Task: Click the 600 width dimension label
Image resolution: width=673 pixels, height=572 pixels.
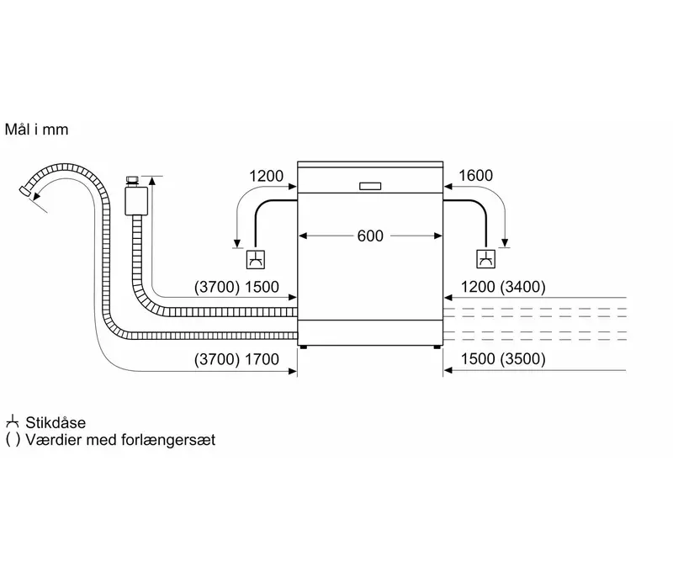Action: pos(370,236)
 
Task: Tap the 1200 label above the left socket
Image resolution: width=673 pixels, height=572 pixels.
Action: pos(266,176)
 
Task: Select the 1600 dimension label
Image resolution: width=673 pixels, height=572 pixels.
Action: pos(475,176)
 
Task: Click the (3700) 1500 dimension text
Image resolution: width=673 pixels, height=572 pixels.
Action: pos(236,287)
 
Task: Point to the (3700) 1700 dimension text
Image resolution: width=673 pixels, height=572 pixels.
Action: pos(236,359)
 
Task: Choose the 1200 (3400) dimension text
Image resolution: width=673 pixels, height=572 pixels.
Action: pos(503,287)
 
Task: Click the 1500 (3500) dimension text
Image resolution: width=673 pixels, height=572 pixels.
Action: pos(503,358)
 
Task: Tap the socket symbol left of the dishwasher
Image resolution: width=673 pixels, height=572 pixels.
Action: pos(256,260)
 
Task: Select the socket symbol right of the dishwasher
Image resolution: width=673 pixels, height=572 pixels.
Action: pos(486,259)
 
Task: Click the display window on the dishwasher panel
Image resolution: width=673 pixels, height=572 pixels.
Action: pos(370,186)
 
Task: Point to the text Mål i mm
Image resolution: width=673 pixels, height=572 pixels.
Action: pos(36,130)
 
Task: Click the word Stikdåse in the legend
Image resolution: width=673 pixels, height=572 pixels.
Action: pos(56,422)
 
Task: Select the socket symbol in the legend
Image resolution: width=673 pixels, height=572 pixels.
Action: pos(13,422)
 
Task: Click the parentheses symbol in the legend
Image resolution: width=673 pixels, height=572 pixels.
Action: pos(13,440)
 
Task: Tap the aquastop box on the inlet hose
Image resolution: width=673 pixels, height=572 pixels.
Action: pos(136,201)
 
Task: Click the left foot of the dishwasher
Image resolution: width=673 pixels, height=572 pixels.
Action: pos(304,347)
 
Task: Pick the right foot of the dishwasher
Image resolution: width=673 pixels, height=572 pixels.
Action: pos(437,347)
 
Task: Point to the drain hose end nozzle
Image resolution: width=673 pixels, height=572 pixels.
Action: pos(26,192)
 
